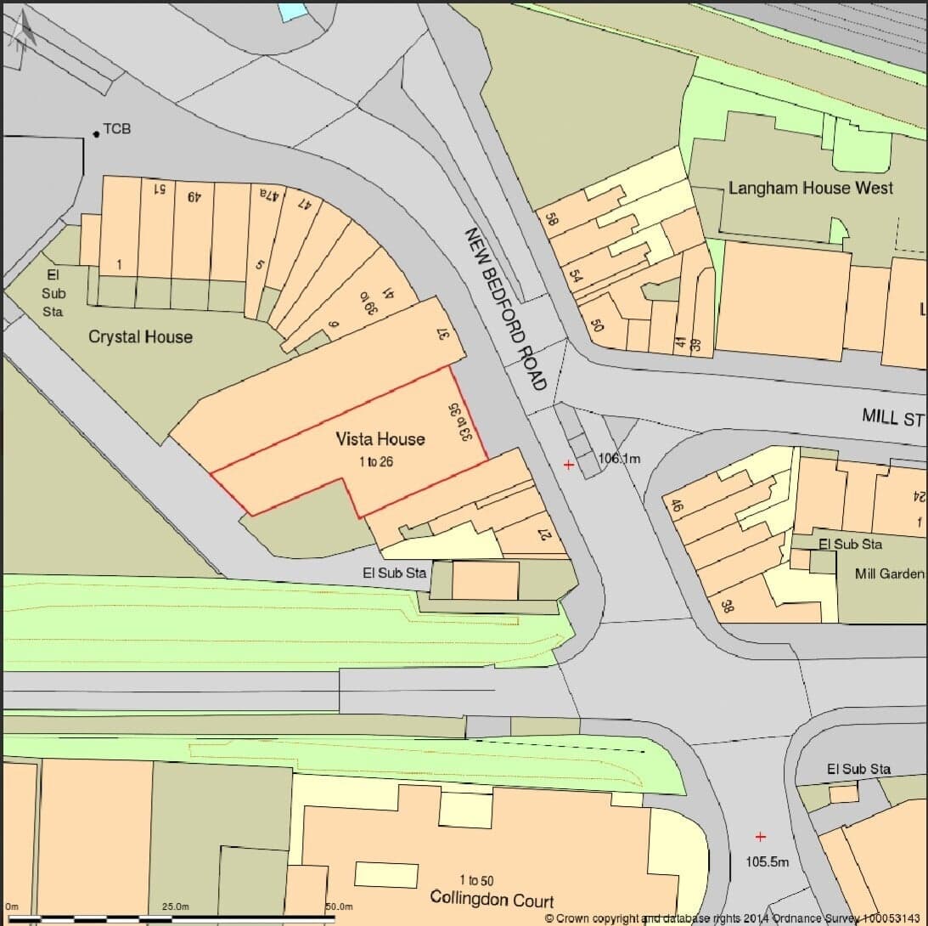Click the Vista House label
pos(380,439)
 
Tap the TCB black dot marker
pos(96,133)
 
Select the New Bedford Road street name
pos(504,308)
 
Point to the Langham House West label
pos(811,188)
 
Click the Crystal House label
pos(140,337)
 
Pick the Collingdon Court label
pos(492,900)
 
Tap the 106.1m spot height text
pos(619,459)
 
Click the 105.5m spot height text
pos(768,861)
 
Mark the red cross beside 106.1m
pos(568,465)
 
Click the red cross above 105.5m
pos(760,837)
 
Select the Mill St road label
pos(892,417)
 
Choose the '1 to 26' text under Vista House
pos(380,462)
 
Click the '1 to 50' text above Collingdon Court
pos(475,880)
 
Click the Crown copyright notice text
pos(735,918)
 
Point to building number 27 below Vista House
pos(544,535)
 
